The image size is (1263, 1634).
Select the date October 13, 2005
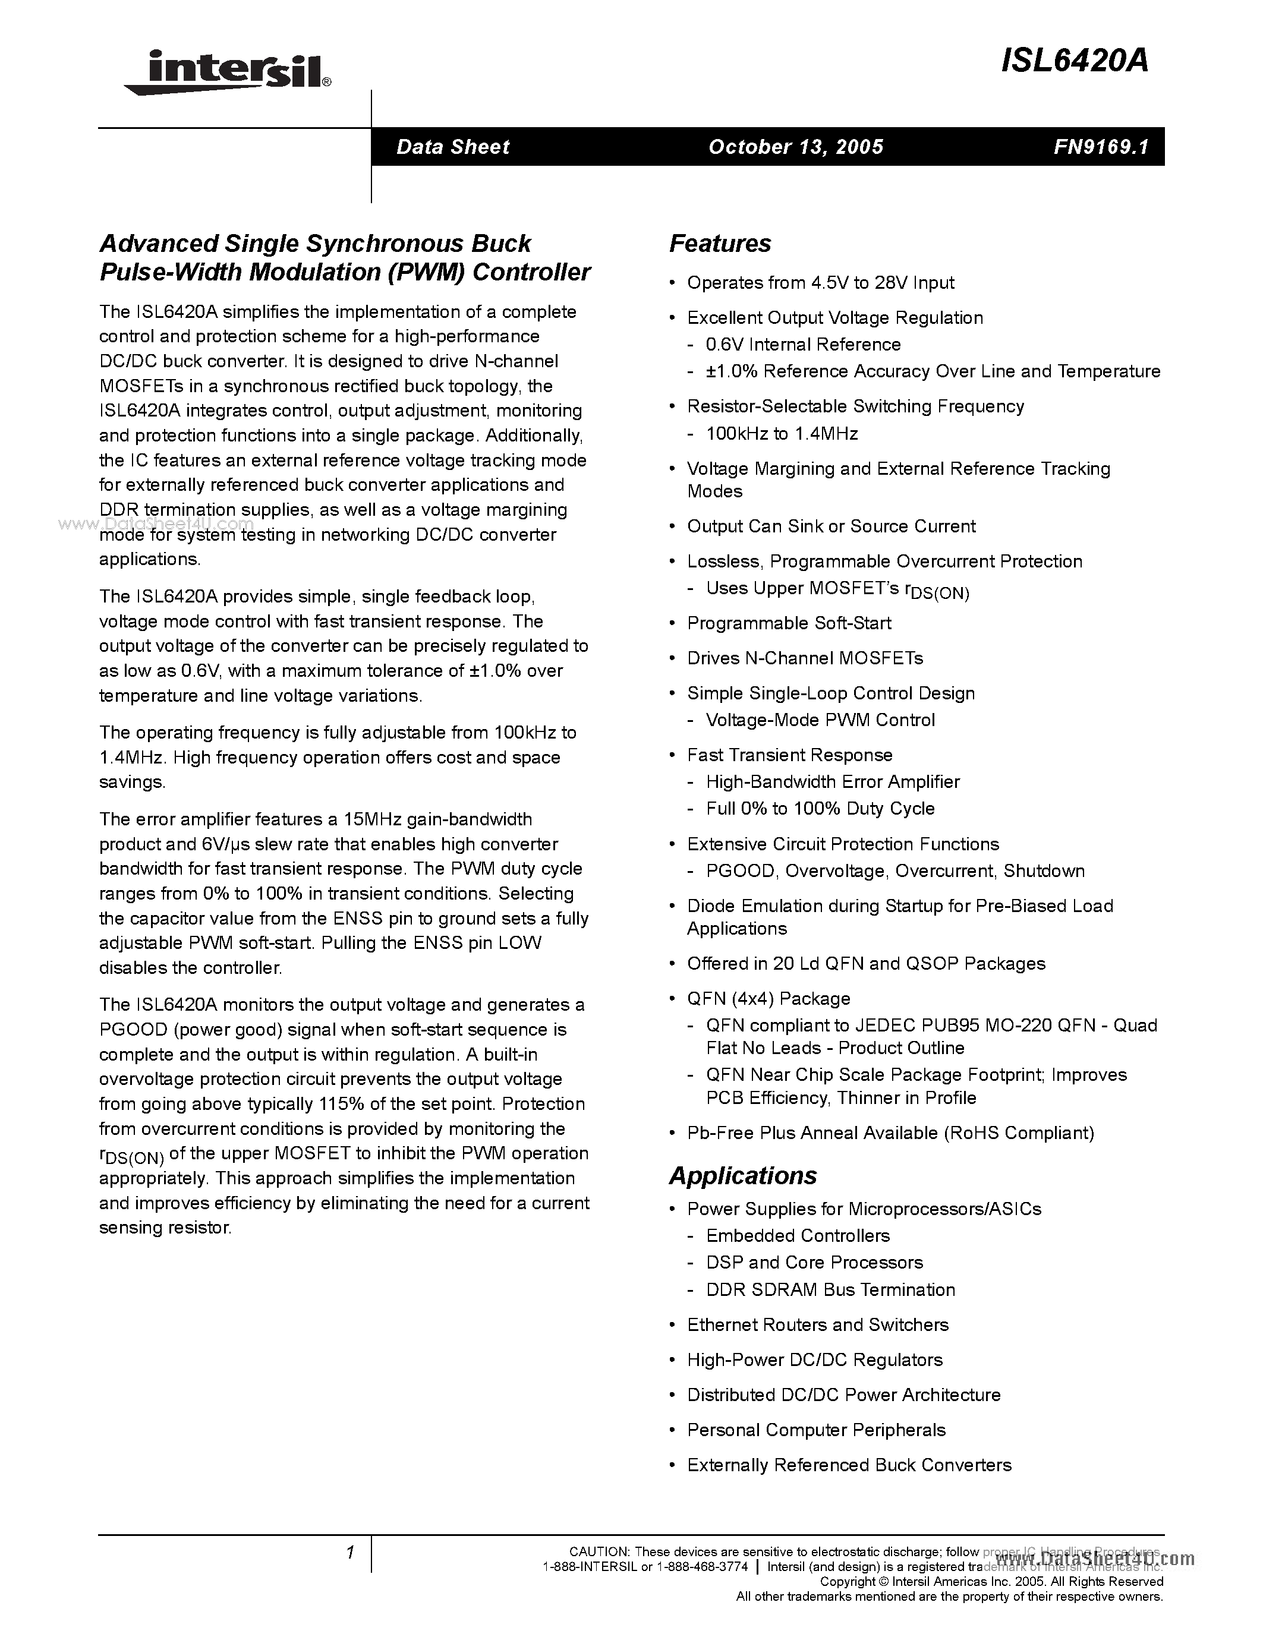point(795,147)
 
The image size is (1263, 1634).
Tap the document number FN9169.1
point(1101,147)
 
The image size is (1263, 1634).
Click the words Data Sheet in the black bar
point(453,147)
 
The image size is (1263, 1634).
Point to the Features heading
point(720,244)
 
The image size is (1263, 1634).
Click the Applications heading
point(743,1175)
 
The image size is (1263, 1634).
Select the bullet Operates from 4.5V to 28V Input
point(820,283)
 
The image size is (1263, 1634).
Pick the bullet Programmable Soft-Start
point(789,623)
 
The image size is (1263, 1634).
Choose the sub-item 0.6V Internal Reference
point(803,345)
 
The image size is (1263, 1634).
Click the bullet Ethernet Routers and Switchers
point(817,1325)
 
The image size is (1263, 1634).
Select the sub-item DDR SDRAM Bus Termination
point(830,1290)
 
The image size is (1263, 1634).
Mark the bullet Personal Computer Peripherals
point(815,1431)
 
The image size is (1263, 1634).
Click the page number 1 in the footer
point(349,1553)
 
